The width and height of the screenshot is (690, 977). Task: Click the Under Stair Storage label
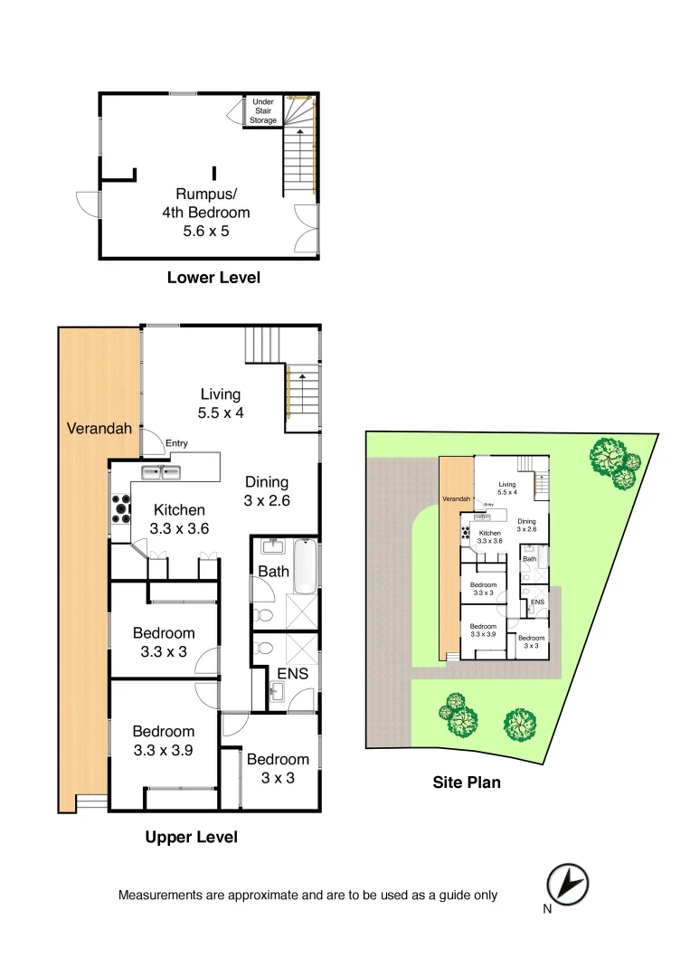263,111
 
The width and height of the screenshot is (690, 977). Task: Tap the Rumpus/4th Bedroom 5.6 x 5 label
213,213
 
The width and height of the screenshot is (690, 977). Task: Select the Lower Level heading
213,278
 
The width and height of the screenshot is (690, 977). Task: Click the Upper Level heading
192,838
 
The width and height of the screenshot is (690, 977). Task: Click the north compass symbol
568,883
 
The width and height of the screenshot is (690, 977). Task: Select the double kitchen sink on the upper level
163,472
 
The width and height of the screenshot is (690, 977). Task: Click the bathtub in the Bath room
306,565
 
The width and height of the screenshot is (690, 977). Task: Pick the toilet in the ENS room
262,648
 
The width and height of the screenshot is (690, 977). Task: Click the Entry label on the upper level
176,442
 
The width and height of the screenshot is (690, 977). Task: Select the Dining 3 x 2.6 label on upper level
267,490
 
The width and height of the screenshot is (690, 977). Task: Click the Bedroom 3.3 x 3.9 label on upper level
164,740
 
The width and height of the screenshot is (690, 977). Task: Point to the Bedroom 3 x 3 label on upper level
278,768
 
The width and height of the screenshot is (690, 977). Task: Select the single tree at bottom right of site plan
520,725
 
